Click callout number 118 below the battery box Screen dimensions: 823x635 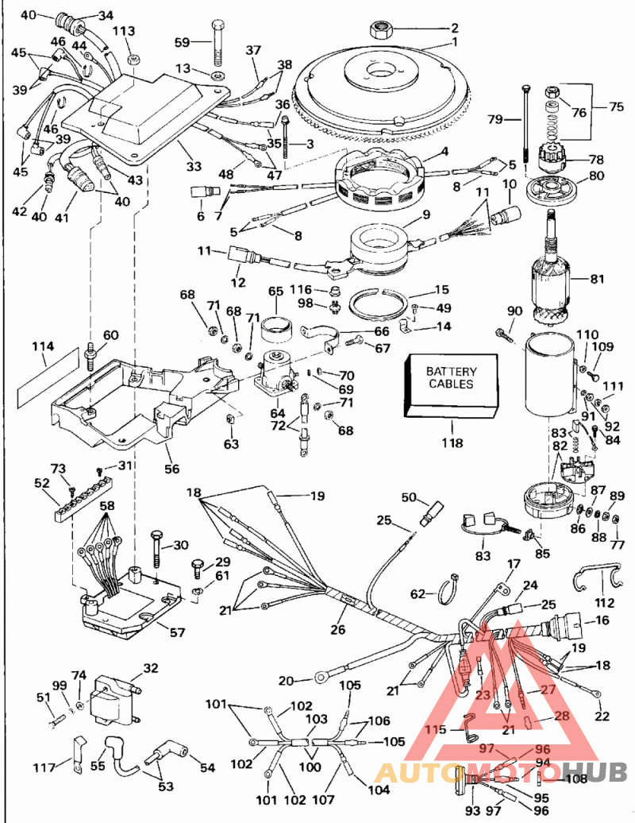pyautogui.click(x=452, y=443)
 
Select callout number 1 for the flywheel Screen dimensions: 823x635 pyautogui.click(x=455, y=41)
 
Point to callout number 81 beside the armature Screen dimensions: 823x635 pyautogui.click(x=598, y=279)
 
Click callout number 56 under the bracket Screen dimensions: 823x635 pyautogui.click(x=171, y=469)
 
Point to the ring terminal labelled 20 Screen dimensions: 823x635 pyautogui.click(x=322, y=677)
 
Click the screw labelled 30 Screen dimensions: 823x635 pyautogui.click(x=156, y=550)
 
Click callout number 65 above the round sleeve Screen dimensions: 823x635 pyautogui.click(x=275, y=292)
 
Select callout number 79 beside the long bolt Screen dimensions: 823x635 pyautogui.click(x=495, y=120)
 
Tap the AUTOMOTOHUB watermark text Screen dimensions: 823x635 pyautogui.click(x=500, y=771)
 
